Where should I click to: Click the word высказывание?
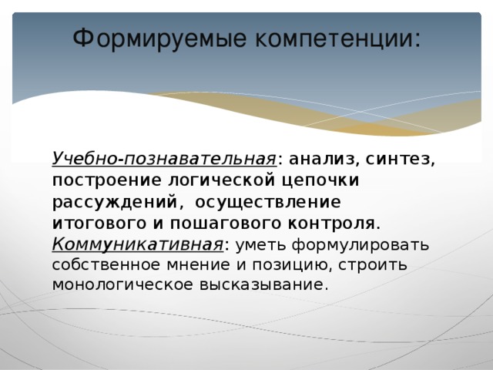point(268,284)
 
